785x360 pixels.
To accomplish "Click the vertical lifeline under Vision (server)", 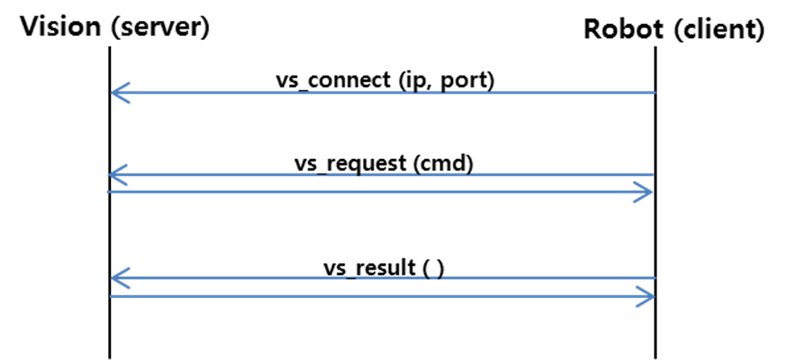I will tap(109, 228).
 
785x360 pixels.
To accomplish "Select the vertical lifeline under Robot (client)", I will tap(655, 228).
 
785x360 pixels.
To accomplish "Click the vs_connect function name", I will tap(332, 80).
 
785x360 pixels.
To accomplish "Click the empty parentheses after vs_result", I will tap(433, 268).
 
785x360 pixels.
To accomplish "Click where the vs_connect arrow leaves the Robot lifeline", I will tap(654, 92).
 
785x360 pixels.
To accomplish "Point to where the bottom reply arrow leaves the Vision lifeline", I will tap(110, 296).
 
